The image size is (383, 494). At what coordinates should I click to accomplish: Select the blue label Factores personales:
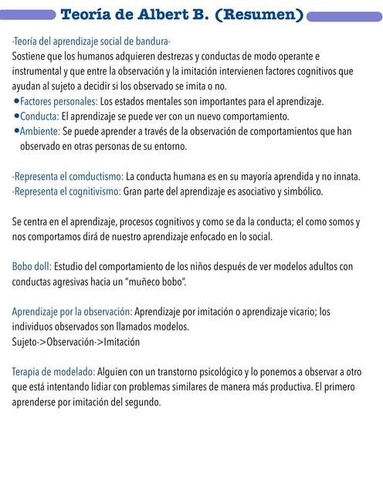point(59,102)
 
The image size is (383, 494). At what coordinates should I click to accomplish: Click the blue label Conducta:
point(39,117)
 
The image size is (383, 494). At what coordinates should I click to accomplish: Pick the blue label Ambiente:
point(40,131)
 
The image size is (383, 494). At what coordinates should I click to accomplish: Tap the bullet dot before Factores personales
point(16,102)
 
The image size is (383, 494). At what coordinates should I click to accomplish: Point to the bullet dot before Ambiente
point(16,131)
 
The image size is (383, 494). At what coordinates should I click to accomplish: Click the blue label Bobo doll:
point(32,266)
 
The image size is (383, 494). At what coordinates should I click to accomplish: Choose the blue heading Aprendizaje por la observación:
point(72,312)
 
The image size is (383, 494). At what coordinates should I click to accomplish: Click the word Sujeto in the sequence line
point(25,341)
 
